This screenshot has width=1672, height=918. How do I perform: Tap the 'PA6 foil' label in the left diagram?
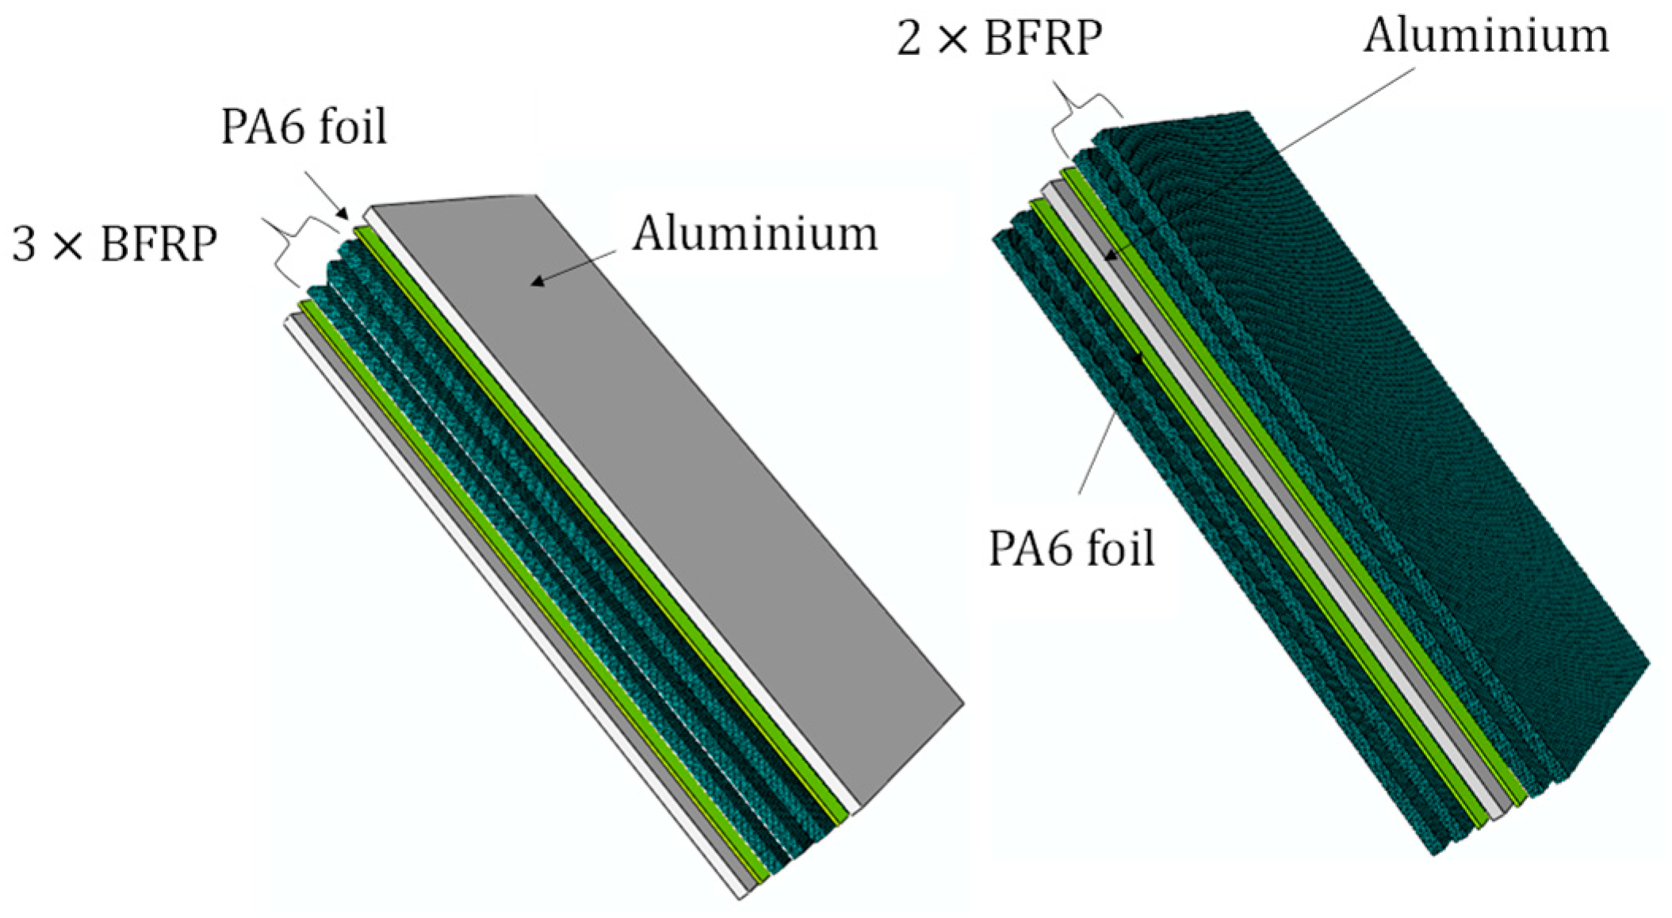click(304, 127)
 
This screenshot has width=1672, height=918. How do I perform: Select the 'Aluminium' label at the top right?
click(1486, 36)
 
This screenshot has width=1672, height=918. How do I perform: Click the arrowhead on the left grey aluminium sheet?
click(537, 281)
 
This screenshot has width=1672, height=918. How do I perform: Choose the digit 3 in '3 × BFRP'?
click(25, 243)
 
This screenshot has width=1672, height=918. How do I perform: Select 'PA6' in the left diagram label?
click(258, 127)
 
